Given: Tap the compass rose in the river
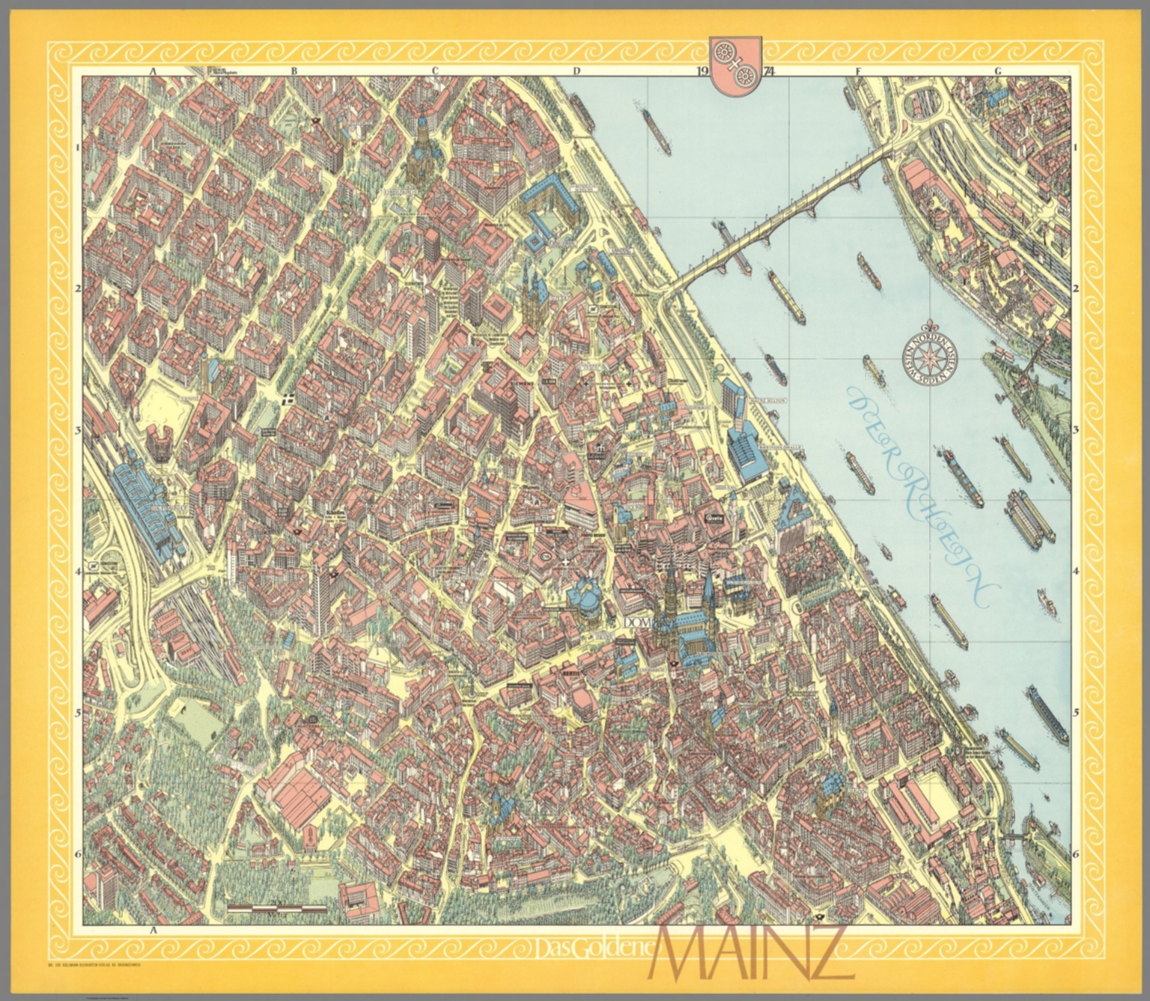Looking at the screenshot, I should click(x=932, y=357).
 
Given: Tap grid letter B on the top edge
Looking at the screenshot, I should click(x=294, y=71).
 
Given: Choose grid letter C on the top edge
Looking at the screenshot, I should click(x=433, y=71).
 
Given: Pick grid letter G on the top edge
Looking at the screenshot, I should click(x=997, y=71).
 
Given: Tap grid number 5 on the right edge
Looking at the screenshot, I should click(x=1076, y=713).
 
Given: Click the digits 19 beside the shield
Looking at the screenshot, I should click(x=702, y=72).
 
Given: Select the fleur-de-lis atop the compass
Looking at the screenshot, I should click(x=932, y=326).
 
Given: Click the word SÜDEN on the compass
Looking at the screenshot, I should click(x=932, y=378).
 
